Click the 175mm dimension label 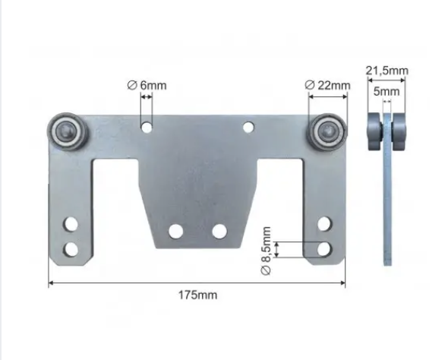coord(197,295)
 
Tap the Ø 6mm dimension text coord(147,85)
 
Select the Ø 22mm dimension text coord(327,85)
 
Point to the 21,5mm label coord(387,71)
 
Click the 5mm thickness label coord(386,92)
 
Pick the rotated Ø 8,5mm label coord(266,251)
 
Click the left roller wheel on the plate coord(67,131)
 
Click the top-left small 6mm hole coord(147,127)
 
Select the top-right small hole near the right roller coord(248,127)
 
